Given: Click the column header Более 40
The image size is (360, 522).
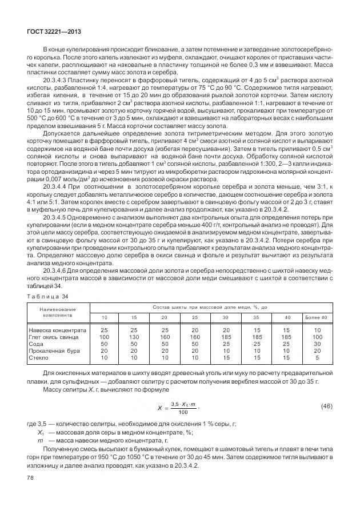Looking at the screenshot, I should pos(316,317).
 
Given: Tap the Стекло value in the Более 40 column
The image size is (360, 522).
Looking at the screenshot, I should pos(316,357).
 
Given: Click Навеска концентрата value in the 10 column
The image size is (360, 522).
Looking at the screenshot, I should pos(105,330).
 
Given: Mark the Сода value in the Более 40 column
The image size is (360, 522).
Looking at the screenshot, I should pos(316,344).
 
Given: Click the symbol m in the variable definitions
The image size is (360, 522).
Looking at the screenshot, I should pos(40,441).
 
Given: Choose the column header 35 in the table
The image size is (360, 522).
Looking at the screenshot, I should pos(255,317).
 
